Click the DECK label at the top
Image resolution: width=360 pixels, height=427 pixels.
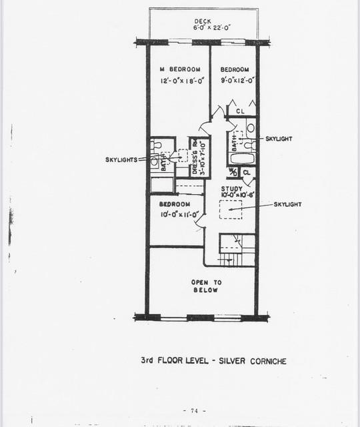(x=203, y=21)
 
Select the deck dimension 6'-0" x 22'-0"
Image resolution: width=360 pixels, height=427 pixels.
(x=203, y=28)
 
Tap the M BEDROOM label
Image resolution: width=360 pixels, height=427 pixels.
(x=179, y=69)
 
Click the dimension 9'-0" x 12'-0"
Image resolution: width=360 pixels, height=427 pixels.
(x=235, y=80)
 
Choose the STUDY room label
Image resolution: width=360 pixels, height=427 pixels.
(x=232, y=189)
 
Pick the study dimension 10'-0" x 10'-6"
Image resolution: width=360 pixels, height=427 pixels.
(x=232, y=195)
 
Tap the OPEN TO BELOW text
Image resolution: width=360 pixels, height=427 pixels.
(x=206, y=286)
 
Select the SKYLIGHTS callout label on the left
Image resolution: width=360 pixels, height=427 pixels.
(x=121, y=159)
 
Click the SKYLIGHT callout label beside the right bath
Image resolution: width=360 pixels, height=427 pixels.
(x=278, y=139)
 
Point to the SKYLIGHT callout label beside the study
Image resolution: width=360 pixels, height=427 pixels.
(x=287, y=204)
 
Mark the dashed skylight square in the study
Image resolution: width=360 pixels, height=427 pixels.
(x=231, y=209)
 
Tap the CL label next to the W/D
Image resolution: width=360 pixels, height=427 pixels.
(x=246, y=172)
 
